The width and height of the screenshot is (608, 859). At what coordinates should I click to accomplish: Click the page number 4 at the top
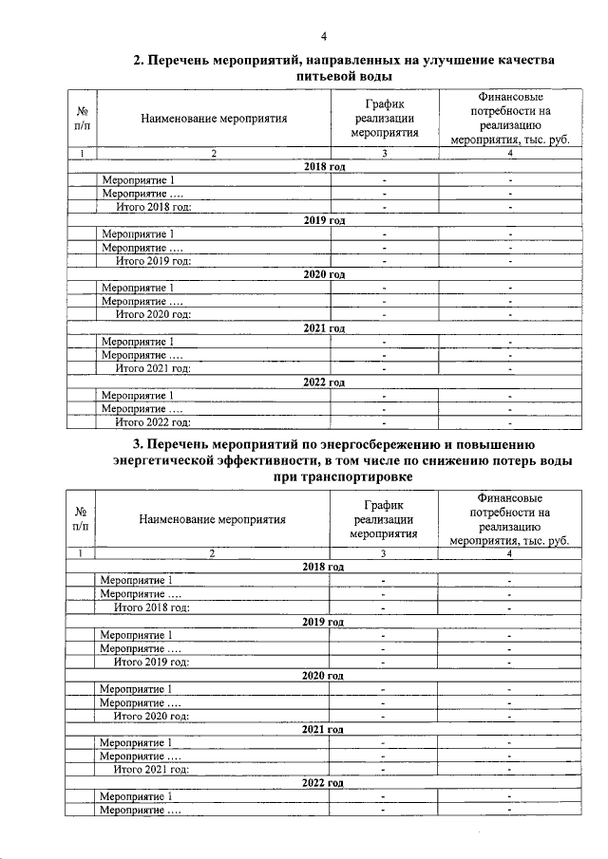324,37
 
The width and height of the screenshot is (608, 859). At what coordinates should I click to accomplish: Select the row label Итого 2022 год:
153,422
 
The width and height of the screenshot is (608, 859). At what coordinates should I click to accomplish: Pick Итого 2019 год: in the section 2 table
153,260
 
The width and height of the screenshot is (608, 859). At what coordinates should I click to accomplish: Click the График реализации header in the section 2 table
385,119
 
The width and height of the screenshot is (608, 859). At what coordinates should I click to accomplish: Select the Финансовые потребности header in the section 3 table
510,519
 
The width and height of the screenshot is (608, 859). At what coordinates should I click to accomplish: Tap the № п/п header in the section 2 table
82,119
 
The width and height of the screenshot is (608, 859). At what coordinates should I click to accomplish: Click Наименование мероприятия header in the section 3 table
212,519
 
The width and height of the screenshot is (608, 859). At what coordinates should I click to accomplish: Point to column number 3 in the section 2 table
384,153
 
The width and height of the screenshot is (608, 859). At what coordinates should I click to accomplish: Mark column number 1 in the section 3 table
82,553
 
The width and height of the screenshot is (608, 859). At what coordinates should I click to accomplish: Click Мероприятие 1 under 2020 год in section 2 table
137,288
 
